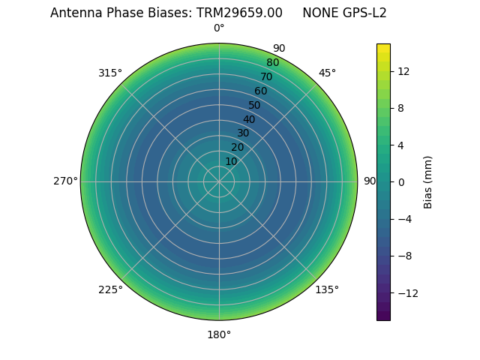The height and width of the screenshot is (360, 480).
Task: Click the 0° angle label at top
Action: tap(219, 28)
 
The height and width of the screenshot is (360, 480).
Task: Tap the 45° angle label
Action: tap(327, 73)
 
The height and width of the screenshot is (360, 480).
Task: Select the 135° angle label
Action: tap(327, 289)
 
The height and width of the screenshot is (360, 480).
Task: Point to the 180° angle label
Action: tap(219, 334)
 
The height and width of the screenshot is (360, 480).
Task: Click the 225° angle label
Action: tap(110, 289)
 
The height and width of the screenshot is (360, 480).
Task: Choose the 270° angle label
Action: tap(65, 181)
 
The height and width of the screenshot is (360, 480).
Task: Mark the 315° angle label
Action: tap(110, 73)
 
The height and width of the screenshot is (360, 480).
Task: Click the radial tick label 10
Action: tap(231, 161)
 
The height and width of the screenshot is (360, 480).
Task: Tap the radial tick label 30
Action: tap(243, 133)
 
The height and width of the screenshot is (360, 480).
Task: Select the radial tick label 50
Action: tap(255, 105)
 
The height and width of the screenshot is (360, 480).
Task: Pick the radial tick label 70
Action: tap(266, 76)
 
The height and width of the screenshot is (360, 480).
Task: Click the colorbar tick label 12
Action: tap(403, 71)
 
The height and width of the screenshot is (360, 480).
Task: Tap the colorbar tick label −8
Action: tap(403, 256)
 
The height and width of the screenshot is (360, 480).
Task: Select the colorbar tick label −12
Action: tap(406, 292)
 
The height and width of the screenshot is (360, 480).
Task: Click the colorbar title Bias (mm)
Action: tap(428, 181)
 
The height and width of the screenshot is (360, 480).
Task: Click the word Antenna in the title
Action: tap(73, 13)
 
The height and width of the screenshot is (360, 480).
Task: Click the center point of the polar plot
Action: tap(219, 181)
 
